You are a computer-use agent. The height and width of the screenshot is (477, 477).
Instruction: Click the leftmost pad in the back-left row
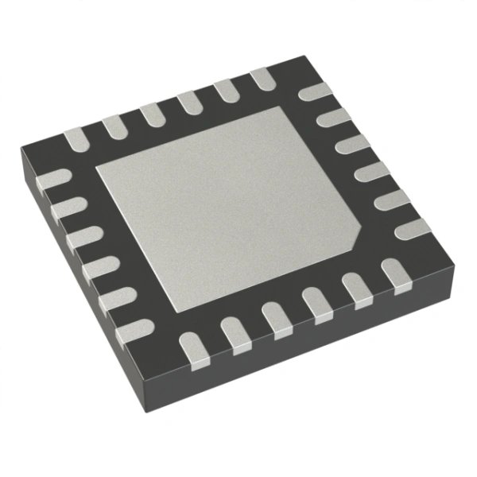click(77, 140)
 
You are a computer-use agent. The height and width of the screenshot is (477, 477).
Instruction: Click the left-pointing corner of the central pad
click(95, 169)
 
